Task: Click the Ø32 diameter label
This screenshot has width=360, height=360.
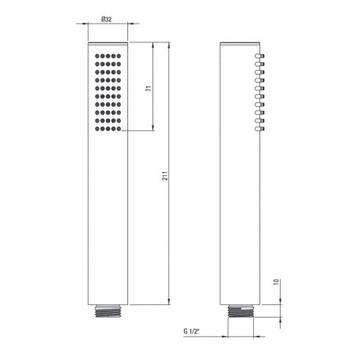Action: click(106, 19)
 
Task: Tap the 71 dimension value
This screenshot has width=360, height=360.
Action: click(149, 88)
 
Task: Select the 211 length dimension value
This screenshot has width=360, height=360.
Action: click(165, 176)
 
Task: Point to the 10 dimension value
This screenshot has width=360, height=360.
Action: click(276, 282)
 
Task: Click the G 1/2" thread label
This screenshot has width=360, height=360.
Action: click(191, 331)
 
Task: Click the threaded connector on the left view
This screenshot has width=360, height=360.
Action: click(108, 311)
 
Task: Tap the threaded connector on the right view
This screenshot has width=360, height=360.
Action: click(241, 311)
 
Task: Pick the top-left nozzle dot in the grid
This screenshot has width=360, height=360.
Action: click(97, 56)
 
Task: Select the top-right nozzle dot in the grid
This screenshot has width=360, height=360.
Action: click(119, 56)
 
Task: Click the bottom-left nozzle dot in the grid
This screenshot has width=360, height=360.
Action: click(97, 129)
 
